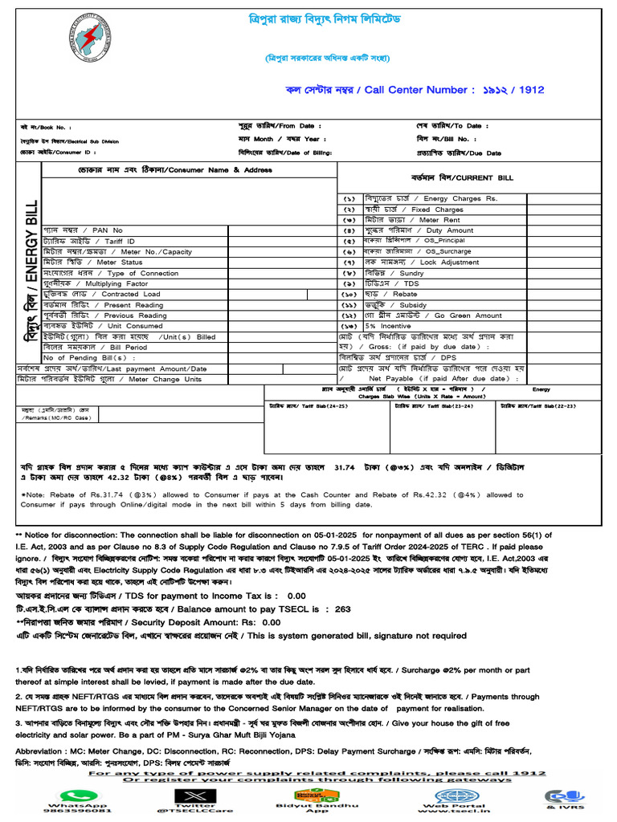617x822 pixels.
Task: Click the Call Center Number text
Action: tap(415, 90)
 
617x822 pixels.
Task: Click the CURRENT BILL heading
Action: tap(451, 177)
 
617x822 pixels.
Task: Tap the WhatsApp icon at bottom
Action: tap(78, 791)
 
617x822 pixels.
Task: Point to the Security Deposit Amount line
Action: tap(149, 621)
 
